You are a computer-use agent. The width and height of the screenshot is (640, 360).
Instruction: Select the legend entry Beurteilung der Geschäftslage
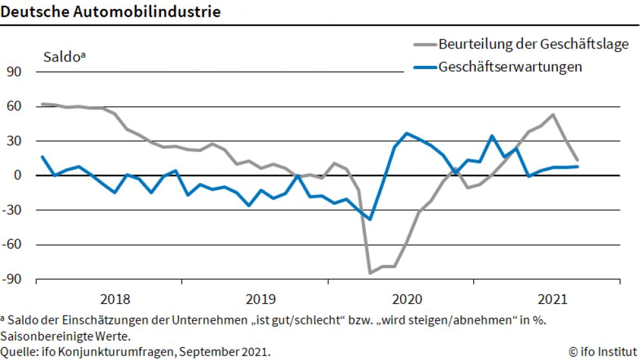pyautogui.click(x=533, y=45)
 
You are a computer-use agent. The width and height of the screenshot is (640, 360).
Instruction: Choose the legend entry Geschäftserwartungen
pyautogui.click(x=511, y=67)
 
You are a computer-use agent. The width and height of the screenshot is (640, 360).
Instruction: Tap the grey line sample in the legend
pyautogui.click(x=425, y=45)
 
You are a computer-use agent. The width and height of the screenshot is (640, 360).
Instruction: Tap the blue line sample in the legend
pyautogui.click(x=425, y=67)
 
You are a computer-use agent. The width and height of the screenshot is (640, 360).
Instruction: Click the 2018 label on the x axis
pyautogui.click(x=116, y=299)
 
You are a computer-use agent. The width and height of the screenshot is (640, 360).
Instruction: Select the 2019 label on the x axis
pyautogui.click(x=261, y=299)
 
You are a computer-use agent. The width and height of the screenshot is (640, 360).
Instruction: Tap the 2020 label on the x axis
pyautogui.click(x=407, y=299)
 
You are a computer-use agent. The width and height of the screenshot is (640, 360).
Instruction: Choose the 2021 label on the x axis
pyautogui.click(x=553, y=299)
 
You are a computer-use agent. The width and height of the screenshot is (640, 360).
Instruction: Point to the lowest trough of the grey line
pyautogui.click(x=370, y=273)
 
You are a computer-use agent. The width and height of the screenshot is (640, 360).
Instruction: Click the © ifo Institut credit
pyautogui.click(x=603, y=352)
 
